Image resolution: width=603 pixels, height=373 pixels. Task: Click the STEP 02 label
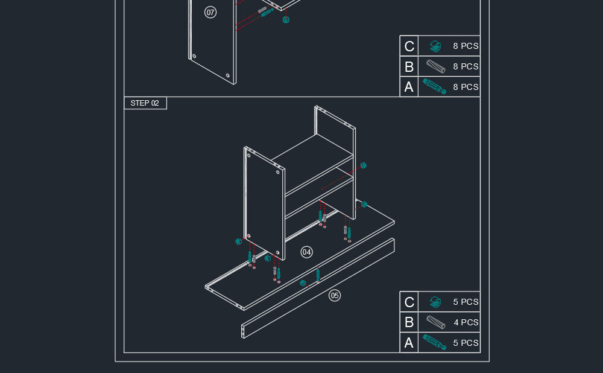(x=145, y=103)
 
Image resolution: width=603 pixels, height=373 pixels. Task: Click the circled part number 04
(x=306, y=252)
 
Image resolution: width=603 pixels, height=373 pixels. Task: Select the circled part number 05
(x=335, y=296)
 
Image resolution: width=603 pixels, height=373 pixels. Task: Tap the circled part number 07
(x=210, y=12)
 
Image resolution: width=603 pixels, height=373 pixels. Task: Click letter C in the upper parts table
(x=409, y=46)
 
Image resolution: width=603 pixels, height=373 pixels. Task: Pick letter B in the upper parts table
(x=409, y=67)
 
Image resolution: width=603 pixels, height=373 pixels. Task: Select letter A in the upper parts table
(x=409, y=87)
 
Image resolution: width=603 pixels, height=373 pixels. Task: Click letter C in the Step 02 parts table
(x=409, y=302)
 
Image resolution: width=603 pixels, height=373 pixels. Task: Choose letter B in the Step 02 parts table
(x=409, y=322)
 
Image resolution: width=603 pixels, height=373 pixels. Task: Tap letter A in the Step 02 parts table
(x=409, y=343)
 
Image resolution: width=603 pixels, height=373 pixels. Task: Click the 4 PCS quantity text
(x=466, y=322)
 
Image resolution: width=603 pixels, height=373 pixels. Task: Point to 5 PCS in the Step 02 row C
(x=466, y=302)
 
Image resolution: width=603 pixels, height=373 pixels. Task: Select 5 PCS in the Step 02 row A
(x=466, y=343)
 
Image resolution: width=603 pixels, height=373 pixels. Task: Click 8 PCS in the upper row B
(x=466, y=66)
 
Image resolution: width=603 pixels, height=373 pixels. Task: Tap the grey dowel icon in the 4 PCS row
(x=436, y=322)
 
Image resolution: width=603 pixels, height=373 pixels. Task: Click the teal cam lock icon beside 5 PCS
(x=435, y=302)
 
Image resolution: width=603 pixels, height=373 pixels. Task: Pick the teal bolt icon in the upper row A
(x=435, y=86)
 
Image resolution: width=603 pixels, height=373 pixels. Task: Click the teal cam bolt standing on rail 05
(x=318, y=275)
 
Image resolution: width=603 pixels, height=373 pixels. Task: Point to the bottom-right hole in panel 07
(x=228, y=75)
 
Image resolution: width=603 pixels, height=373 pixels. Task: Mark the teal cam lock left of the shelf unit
(x=238, y=241)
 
